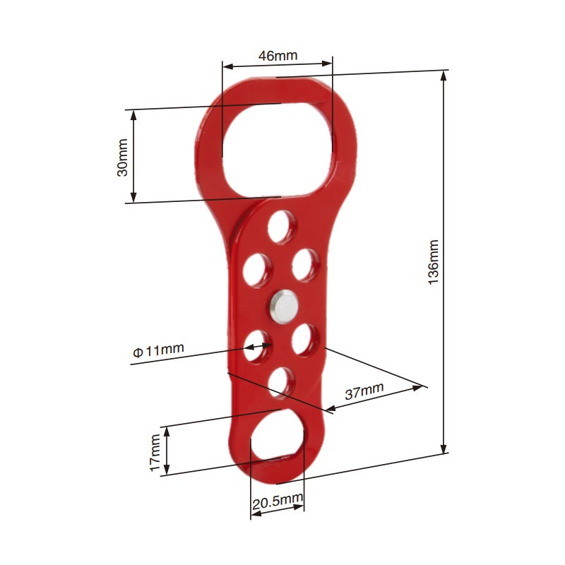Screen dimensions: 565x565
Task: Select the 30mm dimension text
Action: tap(122, 157)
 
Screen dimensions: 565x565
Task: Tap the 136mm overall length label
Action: tap(434, 262)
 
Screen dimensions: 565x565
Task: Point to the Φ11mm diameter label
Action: tap(158, 349)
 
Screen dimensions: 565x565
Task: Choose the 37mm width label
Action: tap(364, 391)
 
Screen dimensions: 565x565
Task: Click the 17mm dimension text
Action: tap(155, 452)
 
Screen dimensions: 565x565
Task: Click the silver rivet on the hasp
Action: tap(282, 306)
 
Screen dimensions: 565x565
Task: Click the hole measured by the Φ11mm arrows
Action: tap(258, 346)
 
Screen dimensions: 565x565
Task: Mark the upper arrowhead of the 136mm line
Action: tap(444, 73)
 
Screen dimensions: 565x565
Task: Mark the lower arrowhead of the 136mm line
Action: tap(444, 450)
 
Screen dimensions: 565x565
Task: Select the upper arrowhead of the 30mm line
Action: tap(133, 113)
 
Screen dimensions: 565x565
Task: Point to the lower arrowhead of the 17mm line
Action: tap(167, 471)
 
